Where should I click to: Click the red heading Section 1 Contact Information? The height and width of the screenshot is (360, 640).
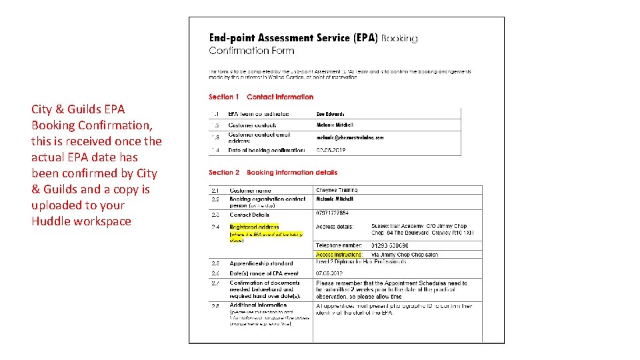[x=261, y=97]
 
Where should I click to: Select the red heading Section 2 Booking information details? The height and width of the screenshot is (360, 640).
[x=273, y=172]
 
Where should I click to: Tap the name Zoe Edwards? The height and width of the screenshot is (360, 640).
[x=330, y=114]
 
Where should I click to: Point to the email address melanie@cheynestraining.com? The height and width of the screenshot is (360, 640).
[x=350, y=137]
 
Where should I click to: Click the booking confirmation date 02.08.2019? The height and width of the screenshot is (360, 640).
[x=331, y=151]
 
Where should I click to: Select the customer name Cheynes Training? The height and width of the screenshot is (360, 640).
[x=337, y=190]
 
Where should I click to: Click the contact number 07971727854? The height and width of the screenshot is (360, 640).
[x=332, y=213]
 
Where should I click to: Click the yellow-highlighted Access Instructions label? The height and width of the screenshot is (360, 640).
[x=339, y=255]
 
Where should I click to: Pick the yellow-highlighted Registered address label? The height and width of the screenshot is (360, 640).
[x=254, y=227]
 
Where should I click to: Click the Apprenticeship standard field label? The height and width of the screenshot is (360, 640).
[x=261, y=264]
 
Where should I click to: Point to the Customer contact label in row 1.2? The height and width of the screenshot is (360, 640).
[x=253, y=125]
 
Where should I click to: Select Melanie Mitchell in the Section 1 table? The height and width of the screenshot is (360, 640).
[x=335, y=125]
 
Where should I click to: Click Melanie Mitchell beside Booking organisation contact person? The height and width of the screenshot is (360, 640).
[x=335, y=199]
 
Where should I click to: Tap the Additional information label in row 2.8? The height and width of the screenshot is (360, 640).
[x=257, y=305]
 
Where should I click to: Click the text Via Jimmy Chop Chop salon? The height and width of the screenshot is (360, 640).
[x=405, y=255]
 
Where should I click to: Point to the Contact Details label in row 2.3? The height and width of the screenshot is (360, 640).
[x=249, y=215]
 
